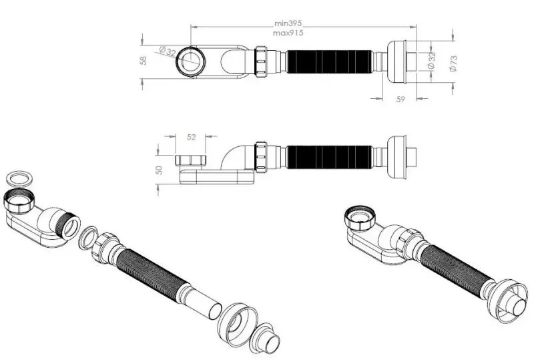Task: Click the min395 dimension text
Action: (288, 23)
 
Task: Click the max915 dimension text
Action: (288, 33)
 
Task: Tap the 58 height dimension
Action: (144, 61)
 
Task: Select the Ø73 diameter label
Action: (453, 63)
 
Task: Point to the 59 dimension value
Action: (400, 100)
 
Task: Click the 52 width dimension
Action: (192, 137)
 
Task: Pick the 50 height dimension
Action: (159, 170)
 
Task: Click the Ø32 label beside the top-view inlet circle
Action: (168, 51)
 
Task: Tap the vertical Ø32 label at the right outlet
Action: (431, 61)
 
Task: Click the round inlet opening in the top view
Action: (190, 61)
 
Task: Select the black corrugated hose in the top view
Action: (329, 61)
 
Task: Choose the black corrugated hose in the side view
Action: (329, 157)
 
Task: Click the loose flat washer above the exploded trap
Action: (20, 180)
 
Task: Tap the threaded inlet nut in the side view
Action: (191, 160)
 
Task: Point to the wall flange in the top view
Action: (397, 61)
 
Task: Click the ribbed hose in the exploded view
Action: (154, 270)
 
